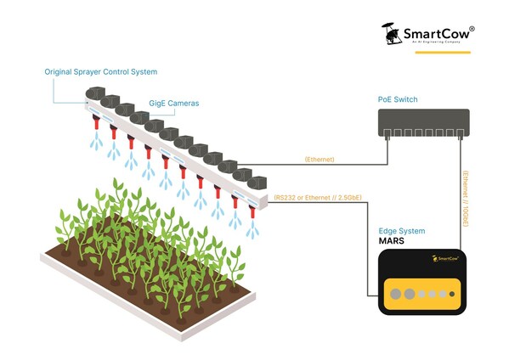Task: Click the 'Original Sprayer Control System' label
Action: tap(101, 72)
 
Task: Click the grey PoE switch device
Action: tap(423, 124)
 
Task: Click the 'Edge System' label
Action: tap(401, 230)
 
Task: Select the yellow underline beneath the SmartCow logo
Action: tap(442, 53)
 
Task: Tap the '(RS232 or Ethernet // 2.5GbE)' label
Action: tap(317, 198)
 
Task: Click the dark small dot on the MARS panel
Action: tap(453, 295)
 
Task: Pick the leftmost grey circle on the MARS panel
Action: tap(393, 295)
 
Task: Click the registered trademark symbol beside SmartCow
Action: tap(472, 29)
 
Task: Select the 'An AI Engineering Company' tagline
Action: tap(437, 42)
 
